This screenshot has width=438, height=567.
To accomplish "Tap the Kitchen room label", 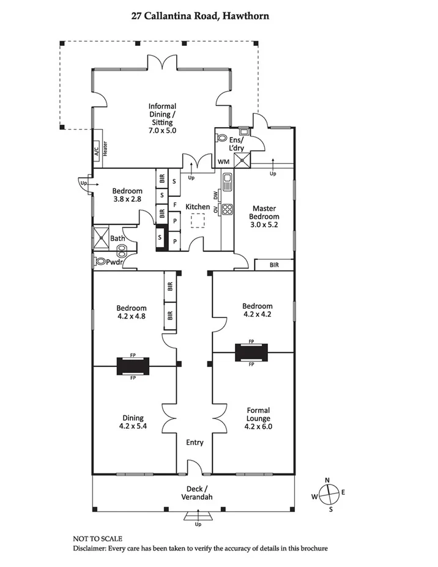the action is [198, 207].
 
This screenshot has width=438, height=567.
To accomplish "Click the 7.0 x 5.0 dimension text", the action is [162, 130].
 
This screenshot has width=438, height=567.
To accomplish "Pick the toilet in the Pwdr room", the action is [98, 261].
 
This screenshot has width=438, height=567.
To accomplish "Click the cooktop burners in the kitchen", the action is [227, 209].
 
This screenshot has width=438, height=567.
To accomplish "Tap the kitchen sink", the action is [228, 182].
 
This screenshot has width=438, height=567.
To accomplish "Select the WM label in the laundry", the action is [223, 161].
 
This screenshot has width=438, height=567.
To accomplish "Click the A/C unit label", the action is [97, 151].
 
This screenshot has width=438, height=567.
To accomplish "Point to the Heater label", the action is [105, 149].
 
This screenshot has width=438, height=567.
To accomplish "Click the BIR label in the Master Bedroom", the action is [274, 265].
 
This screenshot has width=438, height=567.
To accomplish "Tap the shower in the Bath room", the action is [101, 238].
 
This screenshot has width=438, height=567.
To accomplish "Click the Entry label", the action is [195, 442].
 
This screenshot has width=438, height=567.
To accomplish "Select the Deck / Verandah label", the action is [197, 493].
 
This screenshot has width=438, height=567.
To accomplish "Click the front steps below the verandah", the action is [198, 515].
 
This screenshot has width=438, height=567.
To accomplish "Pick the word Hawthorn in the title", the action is [245, 17].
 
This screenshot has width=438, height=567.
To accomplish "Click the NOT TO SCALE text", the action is [98, 539].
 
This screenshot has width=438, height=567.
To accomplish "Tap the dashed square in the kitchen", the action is [198, 221].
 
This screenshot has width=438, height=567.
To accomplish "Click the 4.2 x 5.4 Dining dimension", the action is [133, 426].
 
